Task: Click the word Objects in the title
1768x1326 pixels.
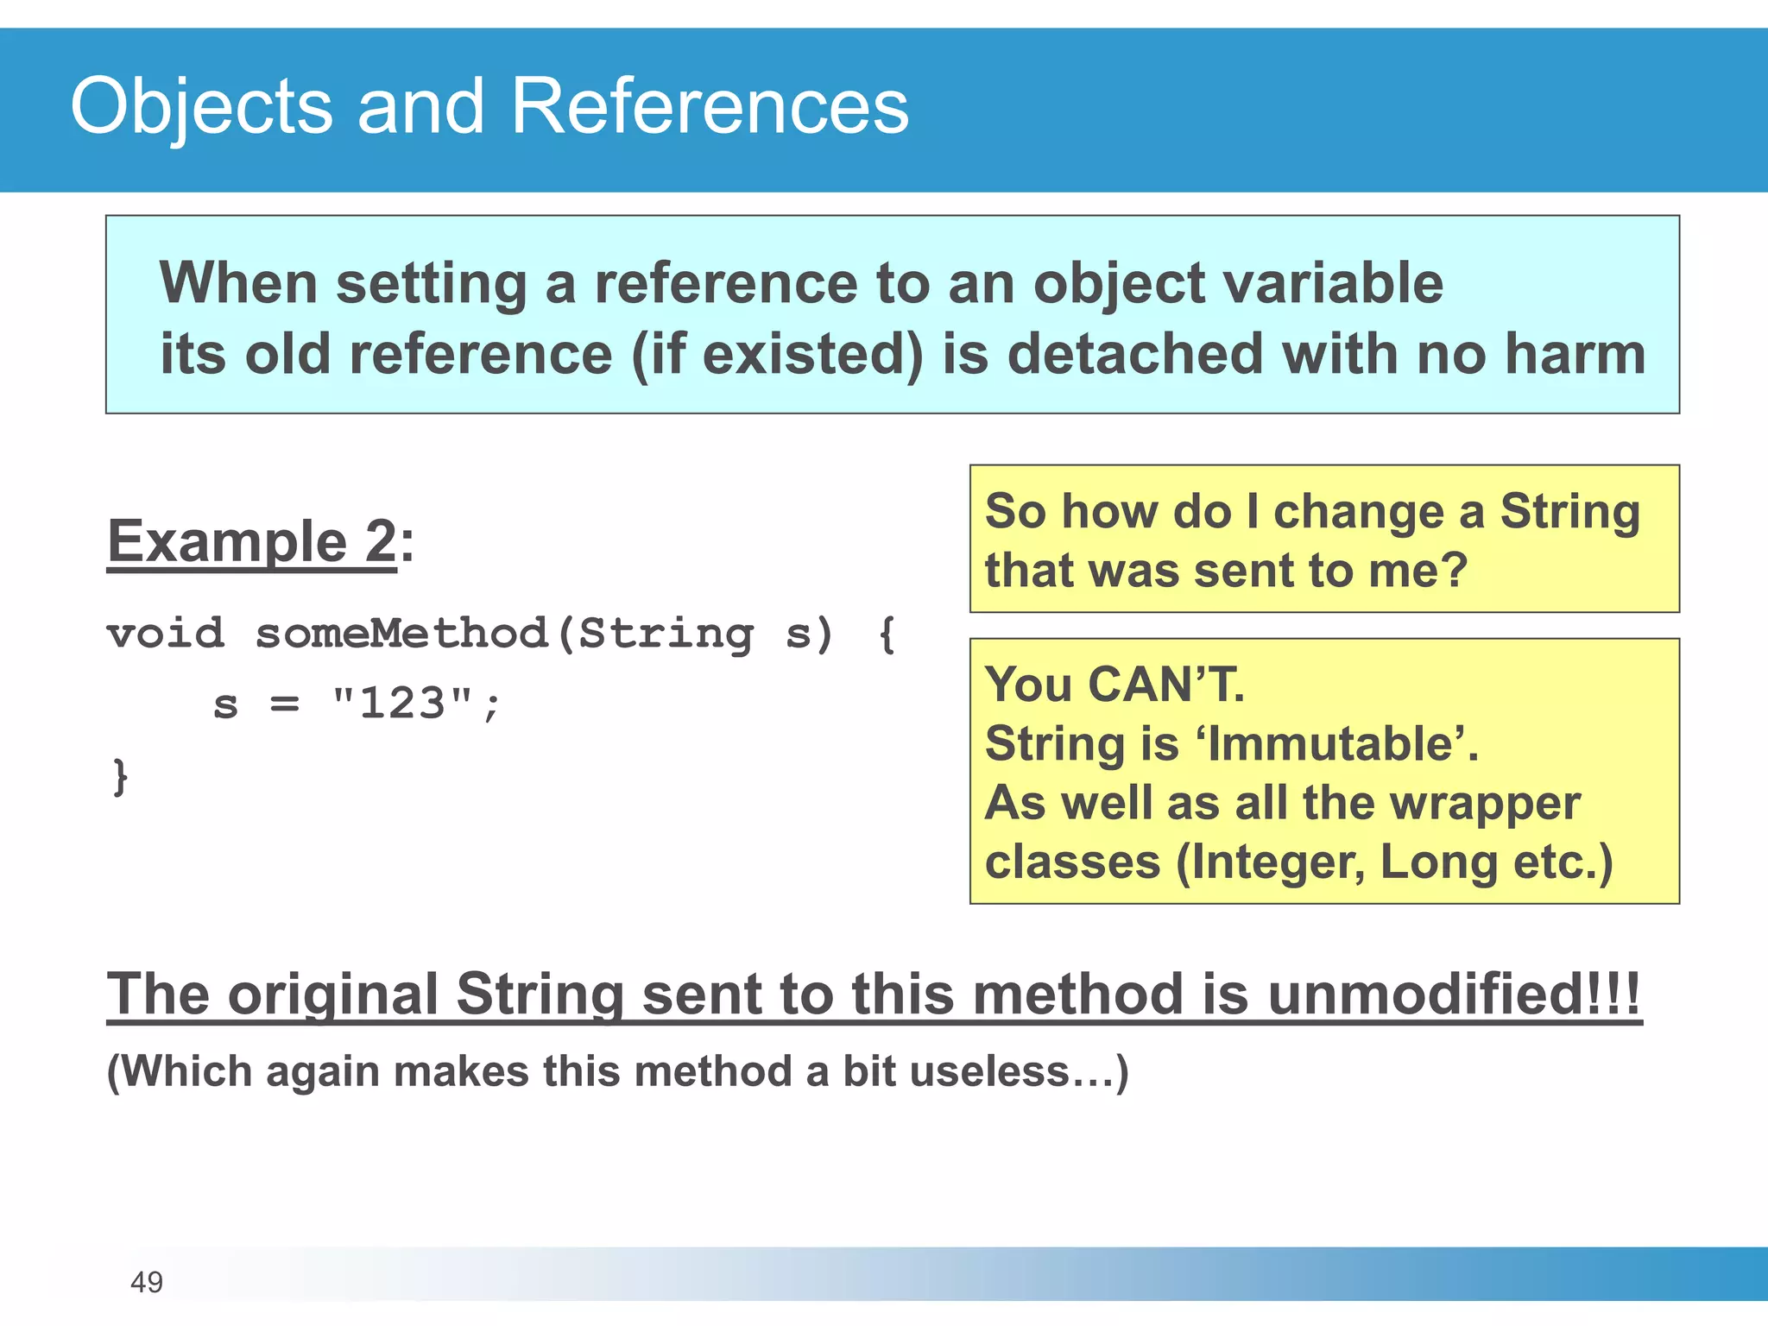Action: pos(201,107)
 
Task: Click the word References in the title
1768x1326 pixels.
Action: pos(709,107)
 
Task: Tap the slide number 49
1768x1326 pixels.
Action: pos(146,1282)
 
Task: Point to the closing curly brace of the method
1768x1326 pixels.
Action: pos(120,776)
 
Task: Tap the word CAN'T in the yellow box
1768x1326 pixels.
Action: pos(1165,685)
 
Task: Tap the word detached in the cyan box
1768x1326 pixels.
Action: pos(1134,354)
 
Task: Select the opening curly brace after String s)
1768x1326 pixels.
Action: pos(887,635)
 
